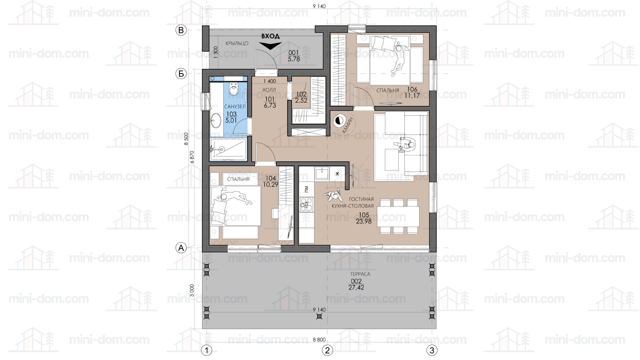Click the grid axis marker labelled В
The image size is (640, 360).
pos(181,30)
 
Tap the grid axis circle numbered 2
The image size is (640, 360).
pos(327,350)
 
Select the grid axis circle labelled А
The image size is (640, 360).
pos(181,248)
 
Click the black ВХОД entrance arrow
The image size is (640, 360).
pos(270,45)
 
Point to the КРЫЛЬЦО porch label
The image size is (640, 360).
pos(237,43)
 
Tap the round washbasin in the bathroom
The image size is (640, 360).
pos(216,120)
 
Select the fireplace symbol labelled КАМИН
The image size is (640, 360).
pos(339,121)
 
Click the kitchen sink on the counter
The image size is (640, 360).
pos(322,173)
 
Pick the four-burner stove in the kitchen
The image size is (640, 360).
pos(306,204)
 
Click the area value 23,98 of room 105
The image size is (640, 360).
pos(364,221)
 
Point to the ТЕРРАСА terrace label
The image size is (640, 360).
pos(360,274)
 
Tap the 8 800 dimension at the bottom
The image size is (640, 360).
pos(319,340)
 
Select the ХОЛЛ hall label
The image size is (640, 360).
pos(269,90)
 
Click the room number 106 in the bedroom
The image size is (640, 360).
pos(412,90)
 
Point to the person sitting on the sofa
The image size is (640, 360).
pos(405,144)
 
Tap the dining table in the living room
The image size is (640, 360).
pos(398,216)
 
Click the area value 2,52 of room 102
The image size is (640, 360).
pos(301,101)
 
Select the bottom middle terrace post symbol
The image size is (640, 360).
pos(319,316)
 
